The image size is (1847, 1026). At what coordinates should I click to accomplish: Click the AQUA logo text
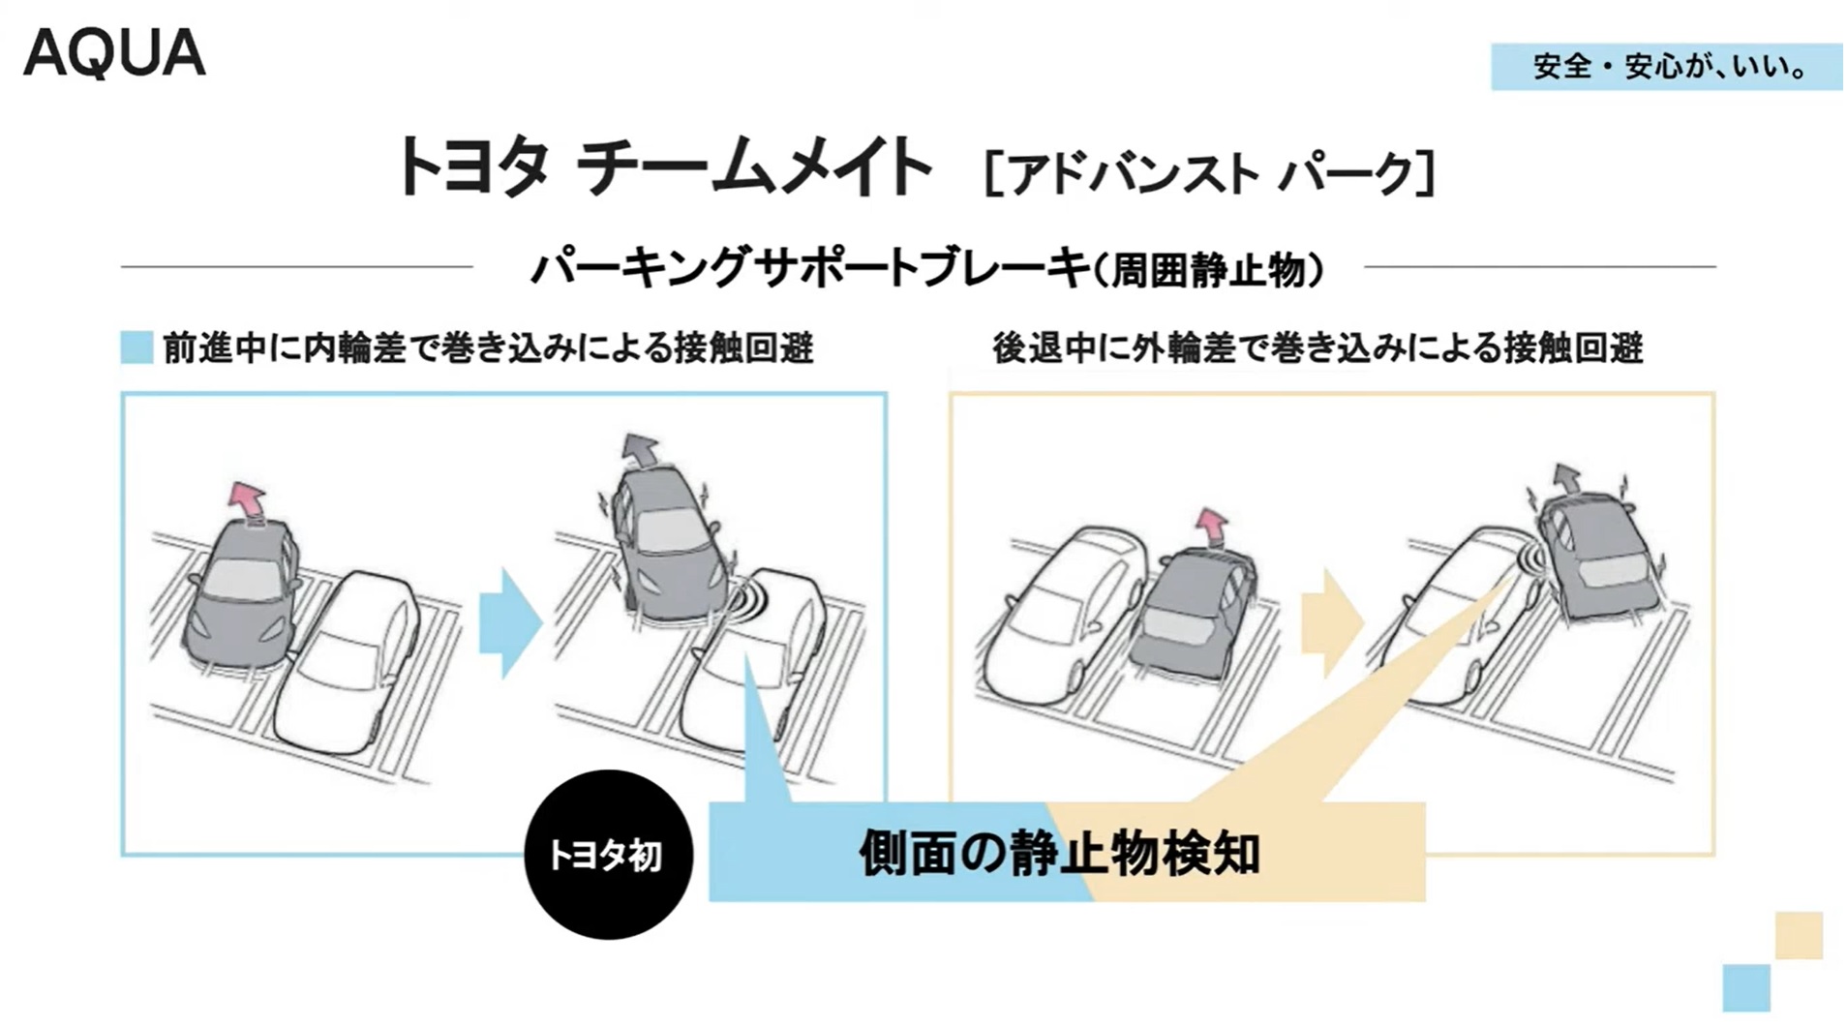pos(114,53)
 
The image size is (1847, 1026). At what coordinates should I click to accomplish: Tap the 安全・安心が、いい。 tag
pos(1665,67)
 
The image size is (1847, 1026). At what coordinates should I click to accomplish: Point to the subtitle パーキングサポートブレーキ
pos(809,268)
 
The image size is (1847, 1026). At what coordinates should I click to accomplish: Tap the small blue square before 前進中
pos(136,347)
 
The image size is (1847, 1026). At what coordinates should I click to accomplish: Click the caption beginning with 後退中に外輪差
pos(1317,347)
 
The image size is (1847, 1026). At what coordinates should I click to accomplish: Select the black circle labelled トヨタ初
pos(608,855)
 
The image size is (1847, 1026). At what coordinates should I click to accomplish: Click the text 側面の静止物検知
pos(1059,854)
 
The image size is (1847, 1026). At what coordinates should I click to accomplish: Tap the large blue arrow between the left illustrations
pos(509,622)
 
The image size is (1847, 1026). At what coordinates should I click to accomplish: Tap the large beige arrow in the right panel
pos(1330,622)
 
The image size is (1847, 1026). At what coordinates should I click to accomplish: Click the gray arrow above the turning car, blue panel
pos(639,449)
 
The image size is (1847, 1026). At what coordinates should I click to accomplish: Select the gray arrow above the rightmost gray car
pos(1565,477)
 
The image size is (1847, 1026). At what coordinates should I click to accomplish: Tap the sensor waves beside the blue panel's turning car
pos(743,598)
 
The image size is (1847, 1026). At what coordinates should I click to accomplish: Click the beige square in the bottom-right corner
pos(1798,935)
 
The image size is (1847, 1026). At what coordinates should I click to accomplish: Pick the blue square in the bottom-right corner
pos(1745,987)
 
